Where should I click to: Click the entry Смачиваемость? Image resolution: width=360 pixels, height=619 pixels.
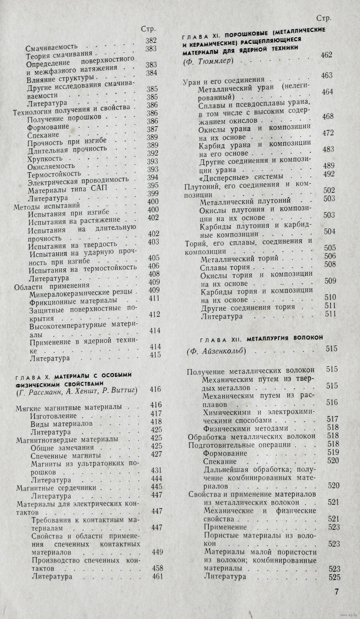[x=52, y=48]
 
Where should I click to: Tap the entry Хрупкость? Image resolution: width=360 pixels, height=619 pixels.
[x=45, y=159]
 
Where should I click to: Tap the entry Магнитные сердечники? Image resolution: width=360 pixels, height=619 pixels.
[x=56, y=488]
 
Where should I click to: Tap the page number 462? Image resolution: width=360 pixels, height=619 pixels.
[x=326, y=55]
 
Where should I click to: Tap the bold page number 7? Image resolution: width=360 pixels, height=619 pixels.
[x=337, y=592]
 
